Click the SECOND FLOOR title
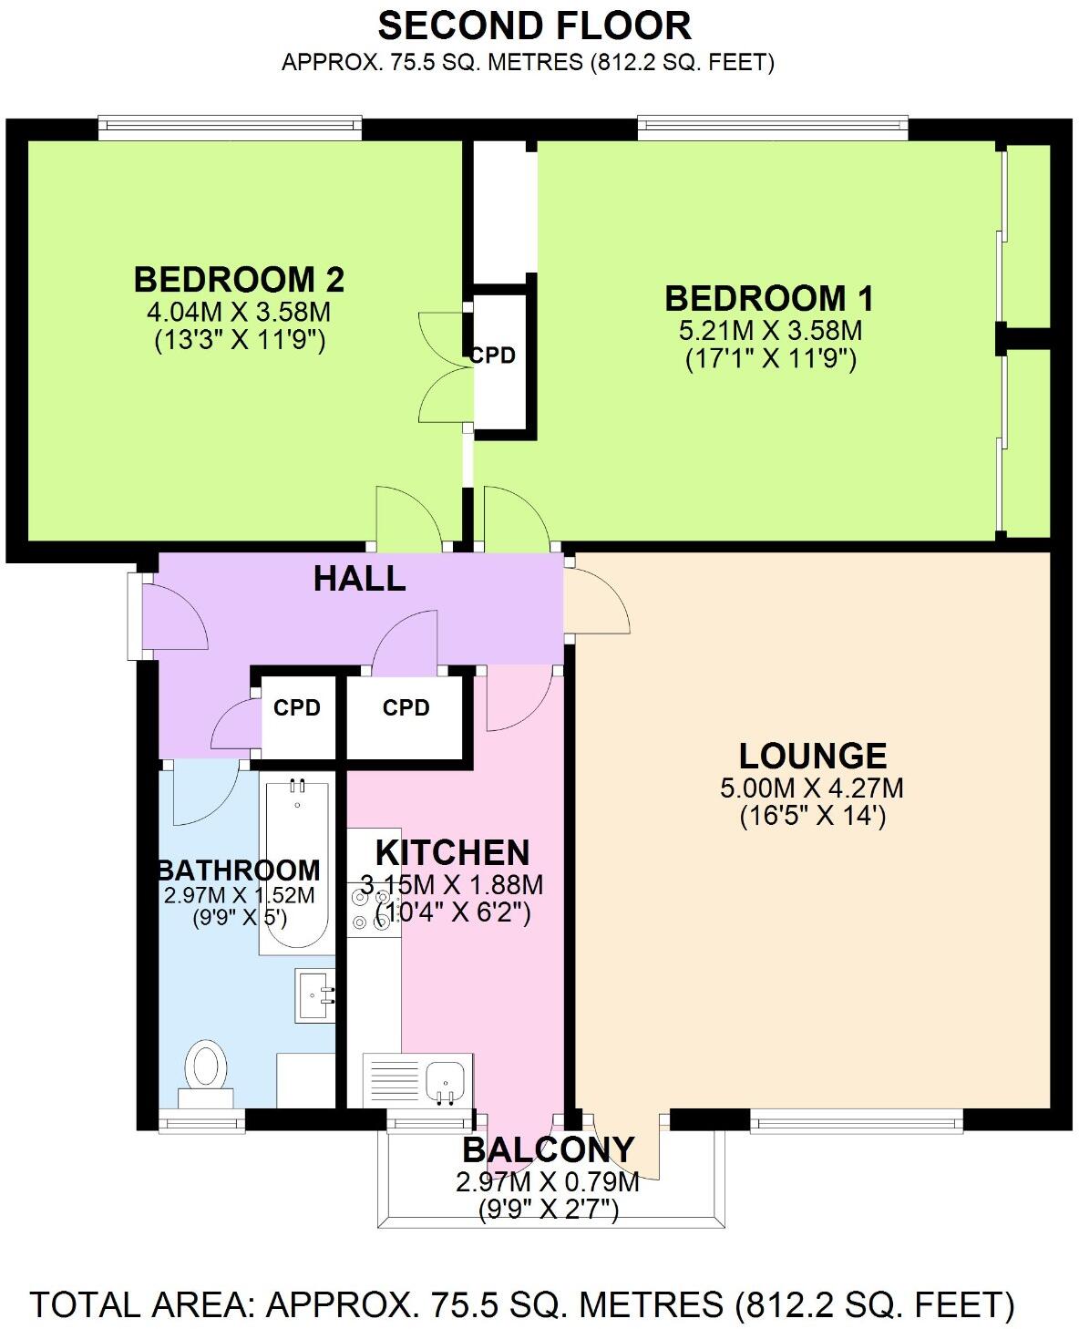[x=534, y=26]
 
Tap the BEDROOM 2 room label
[x=239, y=278]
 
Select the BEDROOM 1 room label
[x=769, y=298]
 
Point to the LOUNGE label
[x=812, y=756]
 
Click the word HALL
[x=359, y=578]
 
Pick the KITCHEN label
[x=452, y=852]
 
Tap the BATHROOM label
[x=239, y=870]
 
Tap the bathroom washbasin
[x=316, y=995]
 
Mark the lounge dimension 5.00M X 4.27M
[x=812, y=788]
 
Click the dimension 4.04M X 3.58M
[x=239, y=312]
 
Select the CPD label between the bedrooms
[x=493, y=355]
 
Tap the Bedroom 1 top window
[x=773, y=128]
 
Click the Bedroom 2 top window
[x=230, y=128]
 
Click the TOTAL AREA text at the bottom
[x=522, y=1304]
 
